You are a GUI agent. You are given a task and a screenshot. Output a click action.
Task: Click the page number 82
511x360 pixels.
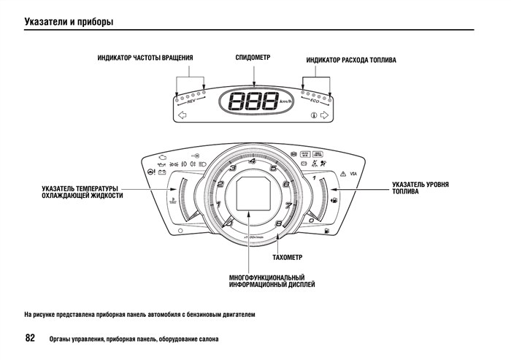[30, 338]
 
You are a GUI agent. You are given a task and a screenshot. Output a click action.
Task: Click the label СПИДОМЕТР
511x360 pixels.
[253, 57]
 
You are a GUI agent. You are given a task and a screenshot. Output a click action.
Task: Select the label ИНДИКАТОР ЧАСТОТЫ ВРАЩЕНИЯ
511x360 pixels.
[145, 58]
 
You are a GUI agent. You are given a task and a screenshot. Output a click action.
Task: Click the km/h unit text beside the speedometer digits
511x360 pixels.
[286, 102]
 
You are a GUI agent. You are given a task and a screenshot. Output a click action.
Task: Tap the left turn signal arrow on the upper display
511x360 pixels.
[182, 115]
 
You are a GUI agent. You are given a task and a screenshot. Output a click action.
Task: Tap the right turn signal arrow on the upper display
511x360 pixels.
[325, 115]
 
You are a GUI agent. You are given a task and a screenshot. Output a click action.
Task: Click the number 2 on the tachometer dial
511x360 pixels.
[220, 184]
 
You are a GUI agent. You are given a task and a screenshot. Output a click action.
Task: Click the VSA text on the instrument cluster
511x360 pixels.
[353, 174]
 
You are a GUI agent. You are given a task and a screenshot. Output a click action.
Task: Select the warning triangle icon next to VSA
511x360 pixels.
[342, 174]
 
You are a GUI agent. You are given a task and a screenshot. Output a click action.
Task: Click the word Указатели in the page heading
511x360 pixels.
[46, 21]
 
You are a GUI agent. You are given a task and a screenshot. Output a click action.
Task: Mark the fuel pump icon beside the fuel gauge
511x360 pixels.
[334, 199]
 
